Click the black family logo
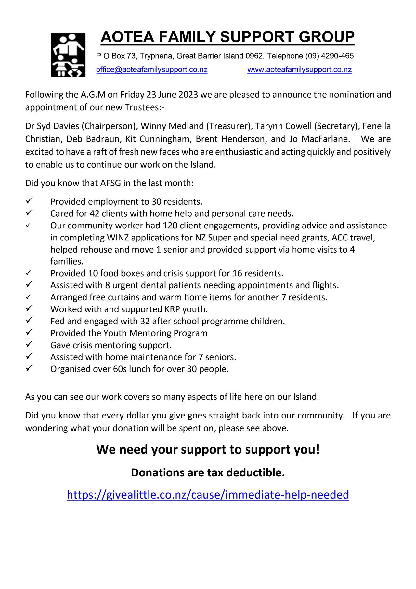[x=68, y=55]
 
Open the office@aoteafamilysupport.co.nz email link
[x=152, y=70]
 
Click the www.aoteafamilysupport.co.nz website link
[x=299, y=70]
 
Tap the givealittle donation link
[x=208, y=494]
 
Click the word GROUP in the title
[x=327, y=37]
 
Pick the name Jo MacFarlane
[x=319, y=139]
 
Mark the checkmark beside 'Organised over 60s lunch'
[x=29, y=368]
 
